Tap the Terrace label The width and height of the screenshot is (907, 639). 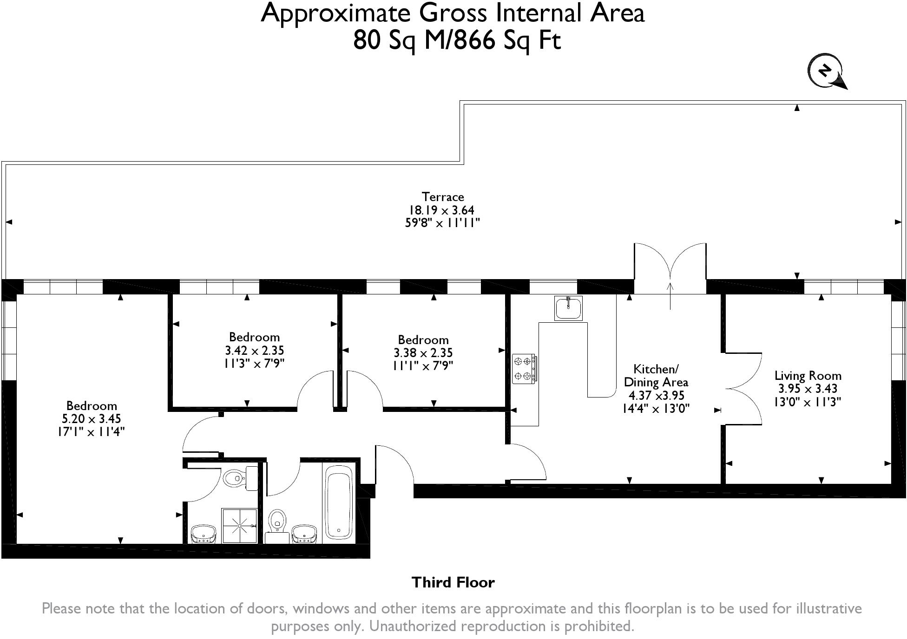pyautogui.click(x=443, y=197)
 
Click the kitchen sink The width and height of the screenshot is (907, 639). pyautogui.click(x=568, y=308)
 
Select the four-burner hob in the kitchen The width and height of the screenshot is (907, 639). pyautogui.click(x=524, y=369)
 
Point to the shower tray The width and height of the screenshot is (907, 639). pyautogui.click(x=239, y=526)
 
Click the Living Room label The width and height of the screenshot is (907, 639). pyautogui.click(x=808, y=376)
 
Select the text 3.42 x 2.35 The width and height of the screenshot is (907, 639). pyautogui.click(x=255, y=350)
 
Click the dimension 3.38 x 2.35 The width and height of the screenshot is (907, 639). pyautogui.click(x=423, y=353)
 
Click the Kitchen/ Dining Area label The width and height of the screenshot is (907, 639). pyautogui.click(x=656, y=376)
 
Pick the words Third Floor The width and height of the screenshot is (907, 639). pyautogui.click(x=453, y=582)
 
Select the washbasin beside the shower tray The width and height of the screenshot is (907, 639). pyautogui.click(x=204, y=534)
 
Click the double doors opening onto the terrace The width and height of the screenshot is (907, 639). pyautogui.click(x=670, y=269)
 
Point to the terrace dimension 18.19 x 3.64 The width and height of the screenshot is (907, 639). pyautogui.click(x=441, y=210)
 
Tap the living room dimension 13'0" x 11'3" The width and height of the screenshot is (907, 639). pyautogui.click(x=808, y=402)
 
